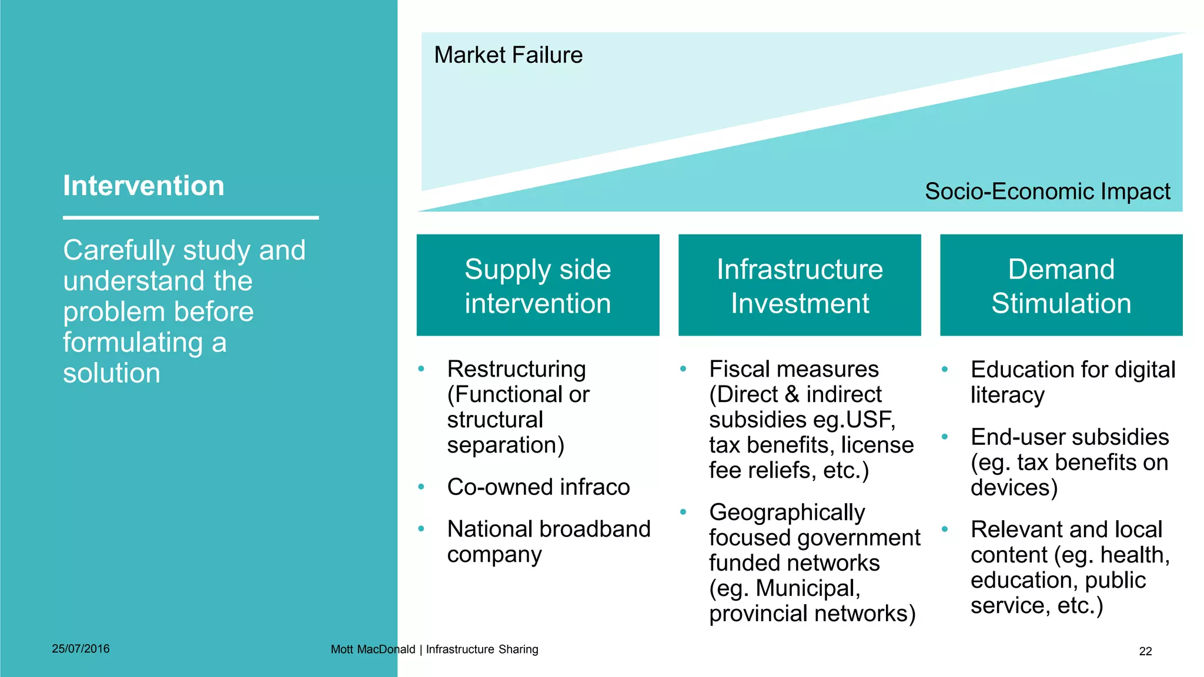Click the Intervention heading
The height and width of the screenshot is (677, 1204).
click(x=143, y=186)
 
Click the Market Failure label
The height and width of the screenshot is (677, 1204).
click(x=508, y=55)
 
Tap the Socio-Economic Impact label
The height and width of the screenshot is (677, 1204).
click(x=1047, y=192)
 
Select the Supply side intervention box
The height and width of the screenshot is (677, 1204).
click(x=537, y=286)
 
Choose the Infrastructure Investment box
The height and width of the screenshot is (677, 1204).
click(x=799, y=286)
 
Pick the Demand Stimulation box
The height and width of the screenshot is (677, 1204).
click(x=1061, y=286)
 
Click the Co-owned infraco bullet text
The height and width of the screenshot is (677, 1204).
click(x=538, y=487)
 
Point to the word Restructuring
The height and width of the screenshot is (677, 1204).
click(x=516, y=370)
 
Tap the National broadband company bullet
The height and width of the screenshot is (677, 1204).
click(x=548, y=541)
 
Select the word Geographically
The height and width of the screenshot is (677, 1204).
click(x=787, y=512)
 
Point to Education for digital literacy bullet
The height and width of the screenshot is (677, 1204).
click(x=1072, y=382)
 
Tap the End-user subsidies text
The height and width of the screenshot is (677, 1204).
click(x=1069, y=438)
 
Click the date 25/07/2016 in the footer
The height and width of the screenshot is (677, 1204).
click(x=81, y=649)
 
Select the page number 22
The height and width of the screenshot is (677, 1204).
click(x=1145, y=651)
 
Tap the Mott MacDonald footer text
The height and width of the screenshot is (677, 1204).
click(x=372, y=649)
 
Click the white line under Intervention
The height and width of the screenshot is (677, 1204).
click(x=190, y=218)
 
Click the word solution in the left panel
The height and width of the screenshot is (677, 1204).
click(x=112, y=373)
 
